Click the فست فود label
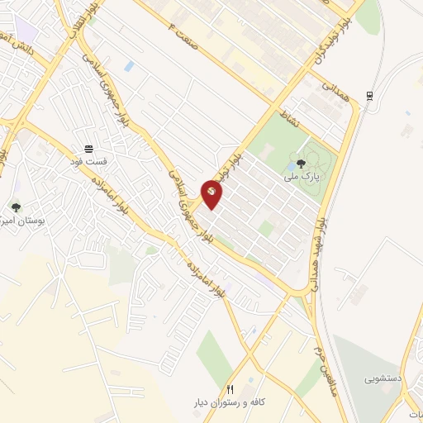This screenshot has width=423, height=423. coord(88,161)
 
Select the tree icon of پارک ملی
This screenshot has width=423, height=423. coord(298,164)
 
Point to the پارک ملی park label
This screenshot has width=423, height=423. coord(297,177)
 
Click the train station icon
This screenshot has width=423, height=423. coord(371,93)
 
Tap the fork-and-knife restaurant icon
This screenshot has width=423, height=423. coord(231,388)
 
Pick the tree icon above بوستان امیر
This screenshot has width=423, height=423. coord(16,207)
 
